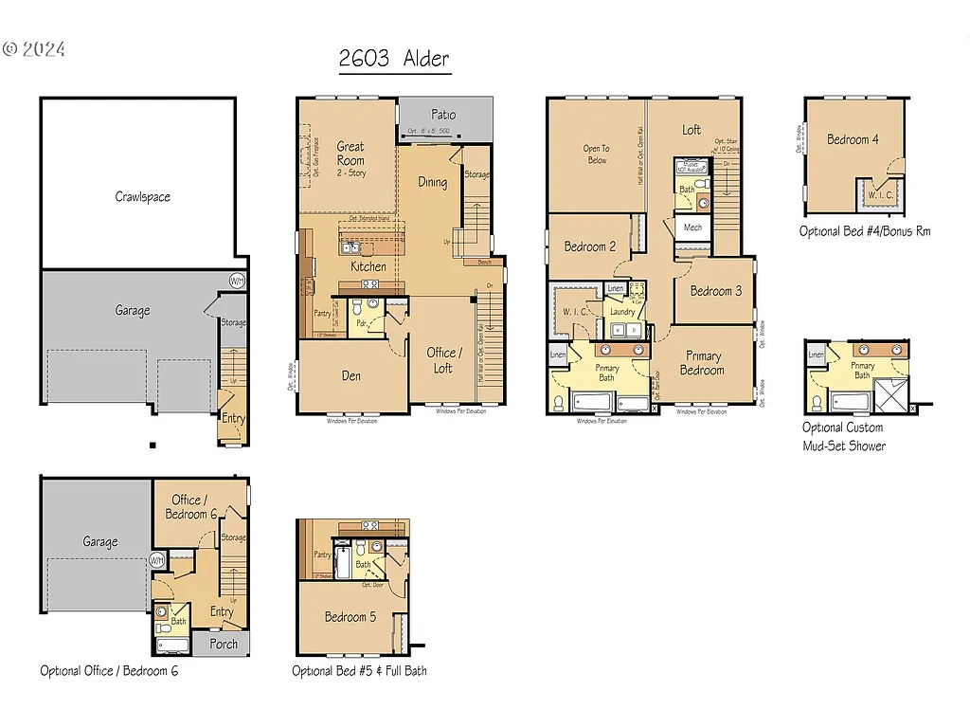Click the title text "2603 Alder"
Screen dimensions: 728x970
pos(394,58)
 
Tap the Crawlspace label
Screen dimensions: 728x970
pos(143,197)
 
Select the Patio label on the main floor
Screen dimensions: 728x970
pos(443,114)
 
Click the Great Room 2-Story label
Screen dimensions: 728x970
pos(350,154)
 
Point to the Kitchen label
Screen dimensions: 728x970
pos(368,266)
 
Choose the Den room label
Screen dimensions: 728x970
pos(350,375)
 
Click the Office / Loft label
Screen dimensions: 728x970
pos(442,360)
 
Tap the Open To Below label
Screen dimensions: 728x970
pos(596,155)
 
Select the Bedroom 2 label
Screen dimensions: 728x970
pos(590,246)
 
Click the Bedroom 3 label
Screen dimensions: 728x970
pos(716,291)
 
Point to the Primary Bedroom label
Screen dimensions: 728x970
pos(702,363)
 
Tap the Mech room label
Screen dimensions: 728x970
pos(692,227)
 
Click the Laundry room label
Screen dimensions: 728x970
pos(622,311)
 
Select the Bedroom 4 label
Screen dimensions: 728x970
pos(853,139)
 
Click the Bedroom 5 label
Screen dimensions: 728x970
pos(350,617)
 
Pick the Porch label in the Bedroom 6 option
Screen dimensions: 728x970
pos(224,644)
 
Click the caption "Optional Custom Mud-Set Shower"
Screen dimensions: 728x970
pos(844,437)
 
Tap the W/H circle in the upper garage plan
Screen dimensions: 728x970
pos(238,281)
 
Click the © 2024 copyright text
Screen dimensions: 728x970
pos(34,49)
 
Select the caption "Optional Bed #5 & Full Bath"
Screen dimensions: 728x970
pos(359,671)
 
